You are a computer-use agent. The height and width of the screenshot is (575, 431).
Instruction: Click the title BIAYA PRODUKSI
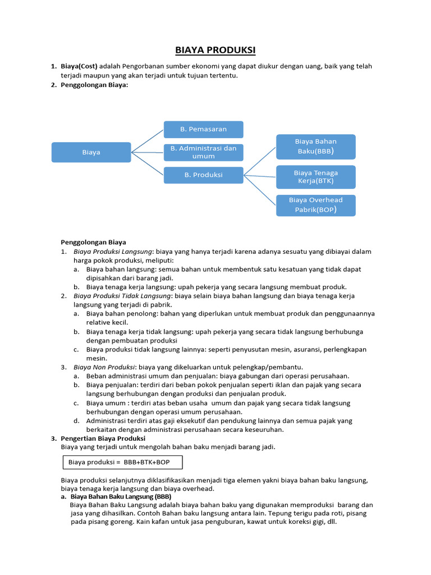coord(215,51)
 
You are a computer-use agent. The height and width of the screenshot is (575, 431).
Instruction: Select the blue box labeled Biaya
coord(91,152)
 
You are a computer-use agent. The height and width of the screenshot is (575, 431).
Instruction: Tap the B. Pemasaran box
coord(203,129)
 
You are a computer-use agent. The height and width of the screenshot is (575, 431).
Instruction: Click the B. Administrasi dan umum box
coord(203,152)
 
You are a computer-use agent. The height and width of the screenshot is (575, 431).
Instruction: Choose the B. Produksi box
coord(203,175)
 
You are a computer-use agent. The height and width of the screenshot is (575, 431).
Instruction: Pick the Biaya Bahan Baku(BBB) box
coord(315,147)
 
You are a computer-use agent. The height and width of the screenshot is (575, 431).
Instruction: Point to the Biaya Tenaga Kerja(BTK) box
coord(315,177)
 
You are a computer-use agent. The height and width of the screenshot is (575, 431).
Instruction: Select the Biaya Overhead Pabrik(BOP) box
coord(315,205)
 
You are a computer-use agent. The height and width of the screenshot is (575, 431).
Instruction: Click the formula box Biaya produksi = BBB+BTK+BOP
coord(122,462)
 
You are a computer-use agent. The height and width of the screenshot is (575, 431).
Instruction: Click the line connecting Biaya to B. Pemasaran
coord(147,141)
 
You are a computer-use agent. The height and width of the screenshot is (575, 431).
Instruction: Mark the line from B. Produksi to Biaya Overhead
coord(260,190)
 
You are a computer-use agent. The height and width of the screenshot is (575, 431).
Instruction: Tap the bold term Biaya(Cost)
coord(79,66)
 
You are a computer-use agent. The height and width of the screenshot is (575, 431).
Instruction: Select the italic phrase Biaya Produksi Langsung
coord(113,252)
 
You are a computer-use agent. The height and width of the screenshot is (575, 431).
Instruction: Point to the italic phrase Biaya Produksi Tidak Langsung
coord(122,295)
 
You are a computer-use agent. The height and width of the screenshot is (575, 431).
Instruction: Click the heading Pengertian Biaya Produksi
coord(103,438)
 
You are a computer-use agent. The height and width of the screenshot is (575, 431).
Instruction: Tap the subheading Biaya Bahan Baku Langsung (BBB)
coord(121,497)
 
